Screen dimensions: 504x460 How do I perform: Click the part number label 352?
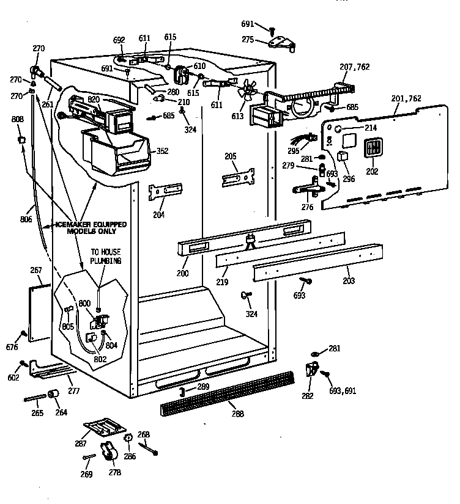(163, 152)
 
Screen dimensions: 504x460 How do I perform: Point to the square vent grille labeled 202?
(372, 148)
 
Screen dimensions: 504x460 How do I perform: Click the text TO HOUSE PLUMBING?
(106, 256)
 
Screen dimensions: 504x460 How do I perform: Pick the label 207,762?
(355, 67)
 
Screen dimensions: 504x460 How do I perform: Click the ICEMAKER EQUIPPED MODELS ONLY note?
(91, 227)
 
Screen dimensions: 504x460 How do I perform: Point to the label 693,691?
(342, 390)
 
